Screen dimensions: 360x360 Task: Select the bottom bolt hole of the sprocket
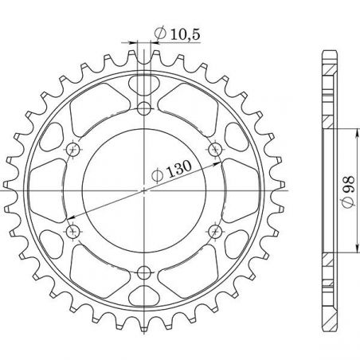[x=144, y=273]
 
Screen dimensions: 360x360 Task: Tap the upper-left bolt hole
[x=73, y=149]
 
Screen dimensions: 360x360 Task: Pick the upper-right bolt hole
[x=215, y=149]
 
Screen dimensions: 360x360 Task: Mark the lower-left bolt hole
[x=73, y=232]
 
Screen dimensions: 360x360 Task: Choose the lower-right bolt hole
[x=215, y=232]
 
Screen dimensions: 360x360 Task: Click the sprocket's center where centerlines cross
[x=144, y=190]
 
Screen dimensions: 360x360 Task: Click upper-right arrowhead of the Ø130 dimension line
[x=219, y=164]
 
